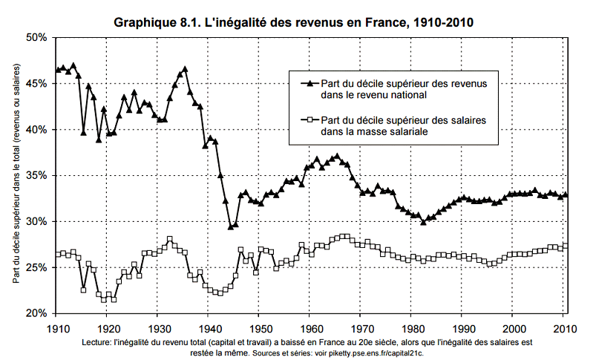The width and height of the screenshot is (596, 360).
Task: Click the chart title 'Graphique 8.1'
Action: click(x=294, y=23)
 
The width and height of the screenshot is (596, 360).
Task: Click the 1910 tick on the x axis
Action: click(x=57, y=327)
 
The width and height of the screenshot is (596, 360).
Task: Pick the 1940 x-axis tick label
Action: click(x=209, y=327)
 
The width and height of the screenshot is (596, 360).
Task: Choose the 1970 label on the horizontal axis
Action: click(x=361, y=327)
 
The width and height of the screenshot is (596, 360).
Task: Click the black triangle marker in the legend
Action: click(x=307, y=84)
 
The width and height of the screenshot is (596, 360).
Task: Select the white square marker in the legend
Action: click(x=307, y=120)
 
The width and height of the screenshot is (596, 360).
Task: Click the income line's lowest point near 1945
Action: click(x=230, y=226)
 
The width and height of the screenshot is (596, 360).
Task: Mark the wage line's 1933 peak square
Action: click(x=170, y=239)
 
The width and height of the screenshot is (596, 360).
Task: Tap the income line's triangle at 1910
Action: click(x=58, y=71)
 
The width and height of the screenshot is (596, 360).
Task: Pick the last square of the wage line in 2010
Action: click(x=566, y=246)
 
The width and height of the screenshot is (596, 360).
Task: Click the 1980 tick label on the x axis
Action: click(x=413, y=327)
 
